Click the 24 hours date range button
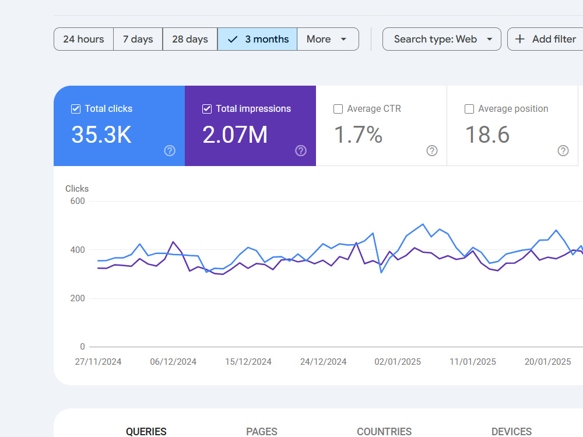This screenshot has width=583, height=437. (83, 39)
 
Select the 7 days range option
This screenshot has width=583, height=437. (138, 39)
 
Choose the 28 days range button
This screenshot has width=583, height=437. (190, 39)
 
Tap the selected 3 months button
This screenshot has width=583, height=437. (257, 39)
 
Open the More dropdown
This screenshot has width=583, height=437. (328, 39)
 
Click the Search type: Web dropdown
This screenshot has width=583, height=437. (442, 39)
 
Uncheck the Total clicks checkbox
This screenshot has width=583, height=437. (76, 109)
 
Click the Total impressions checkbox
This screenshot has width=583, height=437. (207, 109)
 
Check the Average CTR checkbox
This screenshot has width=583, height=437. (338, 109)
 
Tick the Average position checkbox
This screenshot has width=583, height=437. (469, 109)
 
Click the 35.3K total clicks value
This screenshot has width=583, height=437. (101, 135)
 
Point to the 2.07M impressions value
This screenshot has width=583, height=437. (235, 135)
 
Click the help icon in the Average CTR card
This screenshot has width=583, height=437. (432, 151)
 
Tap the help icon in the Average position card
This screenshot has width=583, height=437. (563, 151)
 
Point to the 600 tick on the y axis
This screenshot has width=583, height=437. (78, 201)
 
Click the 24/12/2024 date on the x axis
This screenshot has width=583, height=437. (323, 362)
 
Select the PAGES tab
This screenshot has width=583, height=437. (262, 431)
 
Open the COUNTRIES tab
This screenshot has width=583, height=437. (384, 431)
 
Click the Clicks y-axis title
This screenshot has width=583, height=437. (77, 189)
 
